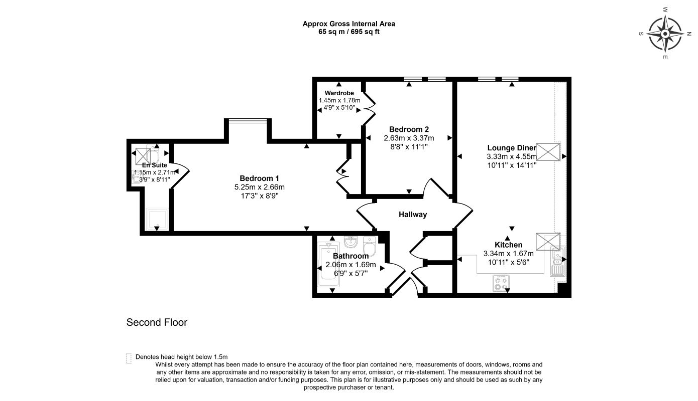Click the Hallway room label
tap(413, 215)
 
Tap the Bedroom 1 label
tap(259, 178)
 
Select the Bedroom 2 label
tap(409, 129)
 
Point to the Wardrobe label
tap(339, 93)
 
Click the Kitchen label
tap(508, 245)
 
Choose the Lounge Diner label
tap(512, 148)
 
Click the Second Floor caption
tap(157, 322)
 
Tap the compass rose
tap(665, 34)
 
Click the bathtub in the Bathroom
tap(328, 265)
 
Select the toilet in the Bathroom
tap(370, 246)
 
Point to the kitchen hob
tap(501, 283)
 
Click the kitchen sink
tap(557, 261)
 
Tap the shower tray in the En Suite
tap(157, 220)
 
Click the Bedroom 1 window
tap(248, 120)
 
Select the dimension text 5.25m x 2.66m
tap(259, 187)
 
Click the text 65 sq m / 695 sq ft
tap(348, 32)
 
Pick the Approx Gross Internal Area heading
tap(348, 24)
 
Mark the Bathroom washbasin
tap(351, 242)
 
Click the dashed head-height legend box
tap(129, 358)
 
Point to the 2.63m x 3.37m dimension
tap(409, 138)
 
